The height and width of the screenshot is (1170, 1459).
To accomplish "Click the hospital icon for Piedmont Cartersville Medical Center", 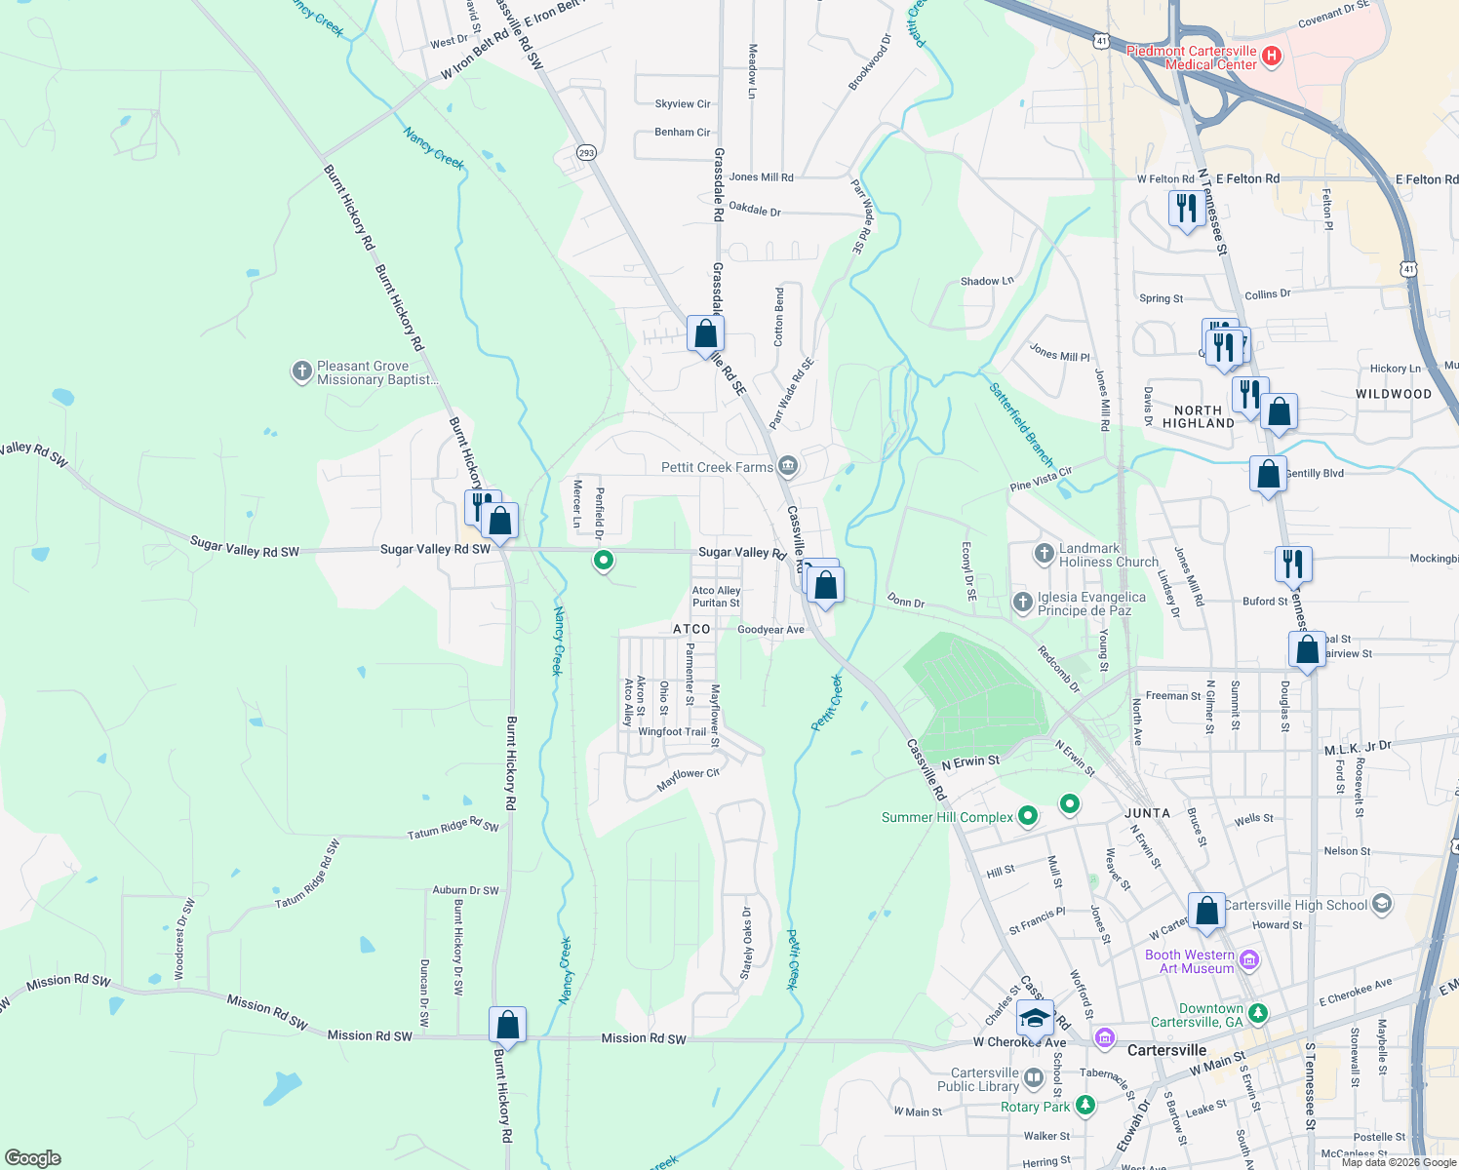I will [1271, 57].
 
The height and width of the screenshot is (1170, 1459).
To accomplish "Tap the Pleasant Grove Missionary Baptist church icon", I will [302, 371].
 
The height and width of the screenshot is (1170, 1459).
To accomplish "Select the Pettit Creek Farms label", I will [717, 468].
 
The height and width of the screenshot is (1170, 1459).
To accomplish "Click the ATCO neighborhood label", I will [691, 630].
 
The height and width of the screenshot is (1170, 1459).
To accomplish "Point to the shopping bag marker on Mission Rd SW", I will [507, 1026].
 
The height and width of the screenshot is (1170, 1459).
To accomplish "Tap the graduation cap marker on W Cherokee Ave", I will [1034, 1019].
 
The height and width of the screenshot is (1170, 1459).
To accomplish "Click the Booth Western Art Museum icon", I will [1249, 961].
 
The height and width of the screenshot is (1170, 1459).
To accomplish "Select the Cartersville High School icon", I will [1381, 905].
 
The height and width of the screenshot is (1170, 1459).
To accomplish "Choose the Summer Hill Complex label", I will [947, 817].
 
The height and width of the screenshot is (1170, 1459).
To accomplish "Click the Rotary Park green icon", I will [1084, 1107].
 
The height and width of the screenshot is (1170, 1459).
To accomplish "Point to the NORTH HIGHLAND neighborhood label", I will [1198, 417].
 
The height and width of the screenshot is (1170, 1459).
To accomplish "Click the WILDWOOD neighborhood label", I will [1393, 395].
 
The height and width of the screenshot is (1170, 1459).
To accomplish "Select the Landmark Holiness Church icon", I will [1045, 555].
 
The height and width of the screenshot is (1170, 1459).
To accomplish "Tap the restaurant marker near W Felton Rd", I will [1186, 209].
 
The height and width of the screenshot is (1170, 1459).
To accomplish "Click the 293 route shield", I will [585, 153].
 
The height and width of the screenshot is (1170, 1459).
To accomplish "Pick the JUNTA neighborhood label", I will [1147, 813].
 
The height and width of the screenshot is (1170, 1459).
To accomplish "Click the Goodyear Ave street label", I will [770, 630].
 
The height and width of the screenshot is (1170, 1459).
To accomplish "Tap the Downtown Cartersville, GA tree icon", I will [1258, 1014].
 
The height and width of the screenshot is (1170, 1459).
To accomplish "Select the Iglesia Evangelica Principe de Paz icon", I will [1022, 603].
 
